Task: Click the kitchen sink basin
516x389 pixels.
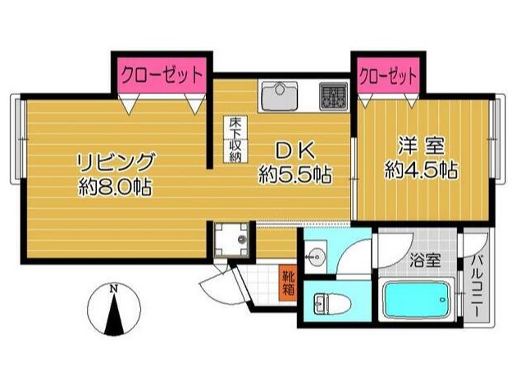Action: tap(280, 95)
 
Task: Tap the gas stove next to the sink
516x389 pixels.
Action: tap(333, 96)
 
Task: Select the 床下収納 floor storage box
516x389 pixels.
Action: tap(235, 139)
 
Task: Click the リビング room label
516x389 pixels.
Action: tap(116, 162)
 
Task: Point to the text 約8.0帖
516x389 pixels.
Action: tap(115, 187)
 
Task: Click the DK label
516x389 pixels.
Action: tap(295, 151)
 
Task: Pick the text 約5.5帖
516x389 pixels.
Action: tap(295, 174)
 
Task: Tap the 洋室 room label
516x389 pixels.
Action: tap(422, 146)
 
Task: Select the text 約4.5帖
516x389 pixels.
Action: tap(422, 170)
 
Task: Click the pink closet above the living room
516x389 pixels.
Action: tap(162, 75)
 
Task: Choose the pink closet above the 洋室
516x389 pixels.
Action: tap(388, 75)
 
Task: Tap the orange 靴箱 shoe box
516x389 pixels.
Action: tap(288, 283)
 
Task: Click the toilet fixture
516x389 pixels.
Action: tap(332, 303)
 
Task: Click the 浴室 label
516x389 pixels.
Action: tap(425, 262)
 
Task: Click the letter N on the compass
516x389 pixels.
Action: tap(114, 289)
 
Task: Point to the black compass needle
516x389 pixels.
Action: tap(114, 314)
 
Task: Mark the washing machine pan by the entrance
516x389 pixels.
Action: tap(231, 239)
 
